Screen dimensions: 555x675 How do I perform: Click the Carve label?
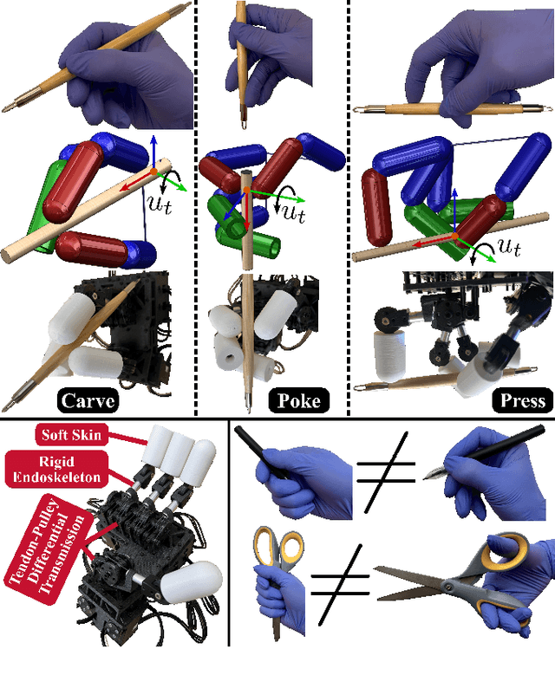(88, 401)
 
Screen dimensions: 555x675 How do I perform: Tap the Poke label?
(298, 401)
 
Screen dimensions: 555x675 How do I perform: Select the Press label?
(523, 401)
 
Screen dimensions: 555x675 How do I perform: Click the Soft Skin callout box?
(71, 435)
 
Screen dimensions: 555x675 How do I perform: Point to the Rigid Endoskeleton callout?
(56, 470)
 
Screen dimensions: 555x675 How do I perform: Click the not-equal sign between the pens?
(386, 472)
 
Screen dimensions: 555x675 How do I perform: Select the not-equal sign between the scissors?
(340, 585)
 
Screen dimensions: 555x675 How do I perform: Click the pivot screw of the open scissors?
(449, 587)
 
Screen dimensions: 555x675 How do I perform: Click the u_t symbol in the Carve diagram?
(160, 204)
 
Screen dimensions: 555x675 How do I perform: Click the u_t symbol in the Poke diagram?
(294, 212)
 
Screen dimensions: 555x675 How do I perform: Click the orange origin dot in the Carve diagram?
(153, 172)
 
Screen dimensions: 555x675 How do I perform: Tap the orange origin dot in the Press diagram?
(455, 236)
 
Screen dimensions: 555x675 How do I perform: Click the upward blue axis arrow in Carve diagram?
(153, 153)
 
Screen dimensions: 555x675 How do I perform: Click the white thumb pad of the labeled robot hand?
(192, 582)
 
